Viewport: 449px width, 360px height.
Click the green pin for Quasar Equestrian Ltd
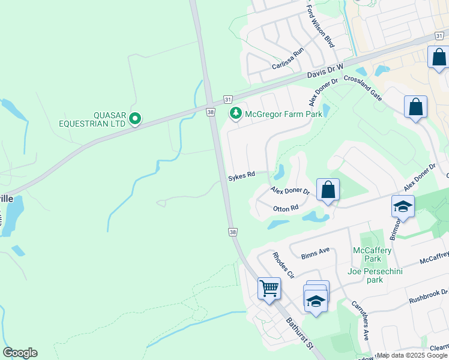(135, 119)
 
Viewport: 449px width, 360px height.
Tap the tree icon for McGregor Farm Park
(236, 113)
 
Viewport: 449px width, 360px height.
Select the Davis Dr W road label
(325, 71)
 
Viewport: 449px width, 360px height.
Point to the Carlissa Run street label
(288, 59)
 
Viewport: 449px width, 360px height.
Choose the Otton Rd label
(286, 208)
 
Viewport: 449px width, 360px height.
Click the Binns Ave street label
(316, 250)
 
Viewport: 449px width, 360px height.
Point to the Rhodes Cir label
(283, 265)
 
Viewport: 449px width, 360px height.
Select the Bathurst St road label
(300, 334)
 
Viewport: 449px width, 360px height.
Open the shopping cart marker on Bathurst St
(269, 288)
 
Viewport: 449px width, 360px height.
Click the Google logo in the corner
(20, 353)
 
